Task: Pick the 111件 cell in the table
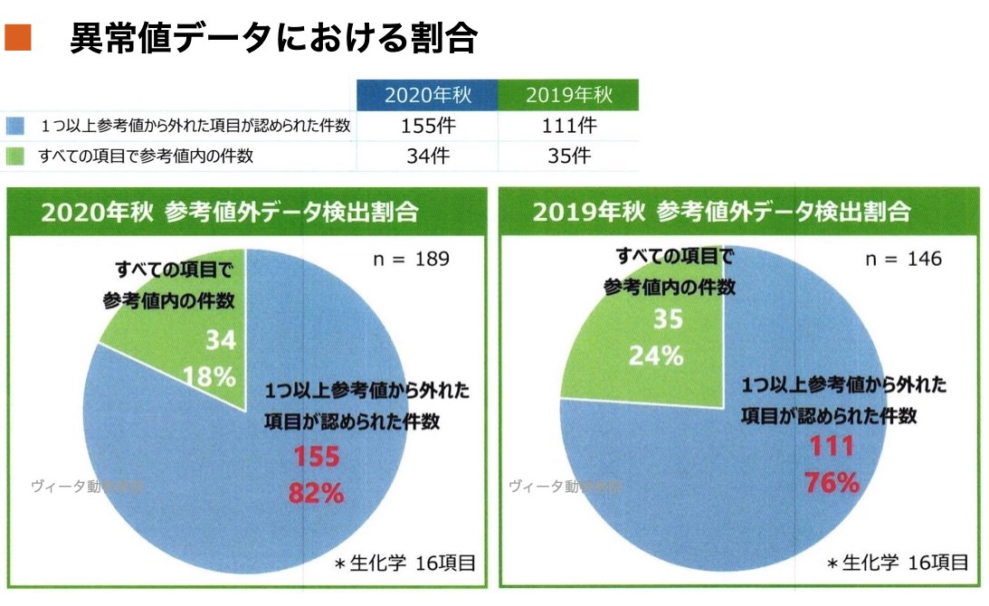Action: click(x=569, y=126)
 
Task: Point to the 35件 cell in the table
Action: click(x=569, y=156)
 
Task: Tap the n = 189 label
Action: click(x=412, y=260)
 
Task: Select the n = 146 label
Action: click(x=903, y=260)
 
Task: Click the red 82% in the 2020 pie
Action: click(x=315, y=494)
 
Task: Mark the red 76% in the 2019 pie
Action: click(x=831, y=483)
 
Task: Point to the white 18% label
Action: click(x=210, y=375)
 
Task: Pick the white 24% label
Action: click(x=656, y=355)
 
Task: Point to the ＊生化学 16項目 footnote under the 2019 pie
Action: click(x=898, y=563)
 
